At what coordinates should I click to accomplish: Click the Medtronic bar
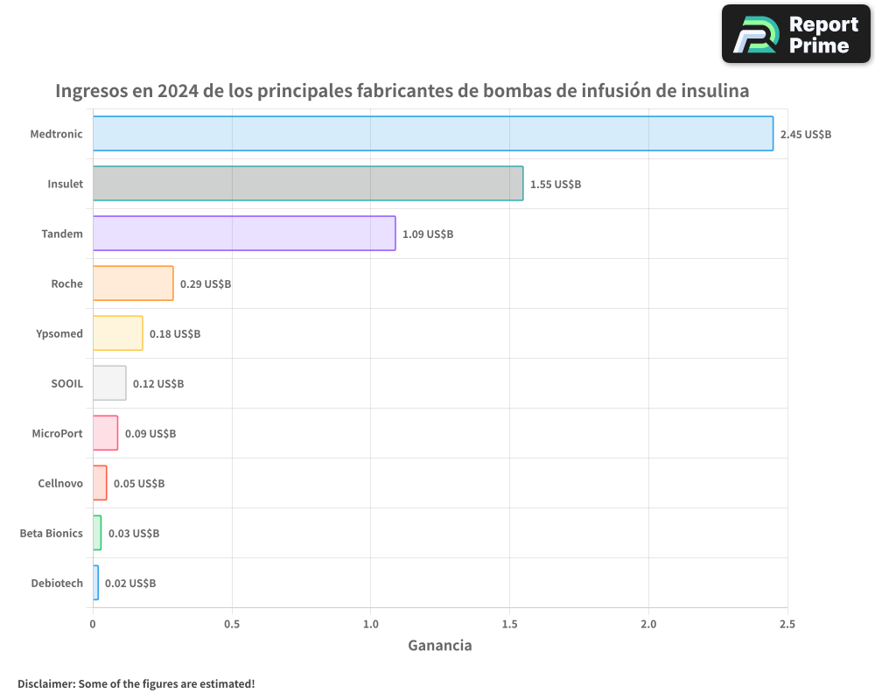point(433,134)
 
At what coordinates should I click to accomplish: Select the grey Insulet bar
point(308,184)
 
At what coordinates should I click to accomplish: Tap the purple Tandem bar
point(244,234)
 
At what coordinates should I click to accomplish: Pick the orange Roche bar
point(133,283)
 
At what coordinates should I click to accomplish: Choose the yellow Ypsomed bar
point(117,333)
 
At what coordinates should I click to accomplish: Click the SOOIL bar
point(109,383)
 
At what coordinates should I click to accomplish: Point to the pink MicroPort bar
point(105,433)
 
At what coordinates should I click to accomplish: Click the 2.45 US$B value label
point(805,135)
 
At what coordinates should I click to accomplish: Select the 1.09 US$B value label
point(428,234)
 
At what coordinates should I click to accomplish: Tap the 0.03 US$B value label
point(134,534)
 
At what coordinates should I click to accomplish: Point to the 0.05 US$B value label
point(139,484)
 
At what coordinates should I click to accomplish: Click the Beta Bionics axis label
point(52,533)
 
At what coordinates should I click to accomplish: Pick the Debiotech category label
point(57,583)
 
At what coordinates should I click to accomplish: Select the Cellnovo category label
point(60,483)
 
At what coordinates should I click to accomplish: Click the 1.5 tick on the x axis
point(509,624)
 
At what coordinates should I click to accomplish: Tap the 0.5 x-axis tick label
point(232,624)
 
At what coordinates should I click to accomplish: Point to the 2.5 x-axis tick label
point(787,624)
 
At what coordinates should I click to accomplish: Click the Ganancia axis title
point(440,646)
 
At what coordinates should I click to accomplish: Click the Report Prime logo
point(796,34)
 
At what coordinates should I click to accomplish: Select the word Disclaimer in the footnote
point(45,683)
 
